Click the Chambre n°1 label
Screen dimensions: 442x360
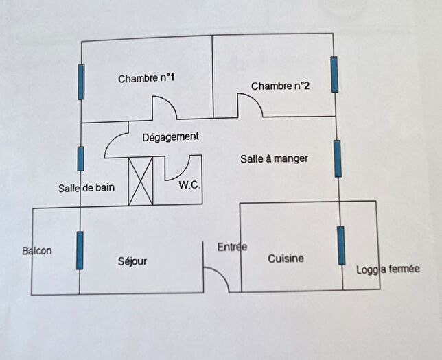146,78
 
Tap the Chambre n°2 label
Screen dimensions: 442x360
280,86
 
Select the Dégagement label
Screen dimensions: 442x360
171,137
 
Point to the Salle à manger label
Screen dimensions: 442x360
275,159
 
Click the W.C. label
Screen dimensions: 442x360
189,185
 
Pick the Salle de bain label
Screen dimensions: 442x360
86,188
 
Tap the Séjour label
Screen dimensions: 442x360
132,261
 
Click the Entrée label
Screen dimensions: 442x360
232,247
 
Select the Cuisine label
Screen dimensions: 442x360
286,259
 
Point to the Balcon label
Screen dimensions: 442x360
37,251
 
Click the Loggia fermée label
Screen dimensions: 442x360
388,269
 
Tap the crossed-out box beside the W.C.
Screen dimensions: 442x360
141,181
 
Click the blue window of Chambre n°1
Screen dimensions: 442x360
81,82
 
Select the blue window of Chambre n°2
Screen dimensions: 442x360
334,74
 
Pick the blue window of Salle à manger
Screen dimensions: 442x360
338,158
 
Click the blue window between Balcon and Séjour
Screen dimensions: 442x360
80,250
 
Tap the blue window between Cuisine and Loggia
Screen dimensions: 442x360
341,245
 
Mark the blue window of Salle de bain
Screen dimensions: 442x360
80,158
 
